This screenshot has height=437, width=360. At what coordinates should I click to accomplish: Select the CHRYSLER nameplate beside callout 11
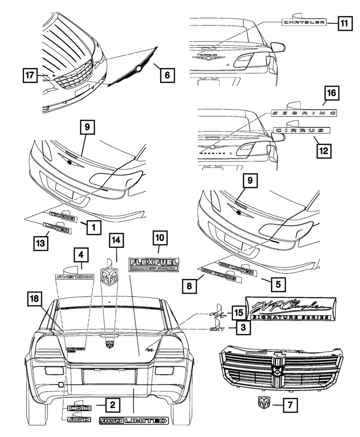coord(303,22)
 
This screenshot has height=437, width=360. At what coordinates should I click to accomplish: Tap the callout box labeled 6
coord(167,74)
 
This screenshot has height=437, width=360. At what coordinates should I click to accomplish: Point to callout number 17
coord(30,75)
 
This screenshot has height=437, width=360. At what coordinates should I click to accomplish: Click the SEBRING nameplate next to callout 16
coord(303,112)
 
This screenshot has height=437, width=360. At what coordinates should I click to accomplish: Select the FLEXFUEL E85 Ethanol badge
coord(155,265)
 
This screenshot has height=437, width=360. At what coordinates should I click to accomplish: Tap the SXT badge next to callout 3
coord(220,327)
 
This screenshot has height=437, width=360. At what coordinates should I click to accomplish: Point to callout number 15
coord(237,313)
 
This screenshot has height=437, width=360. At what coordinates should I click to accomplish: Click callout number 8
coord(188,287)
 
